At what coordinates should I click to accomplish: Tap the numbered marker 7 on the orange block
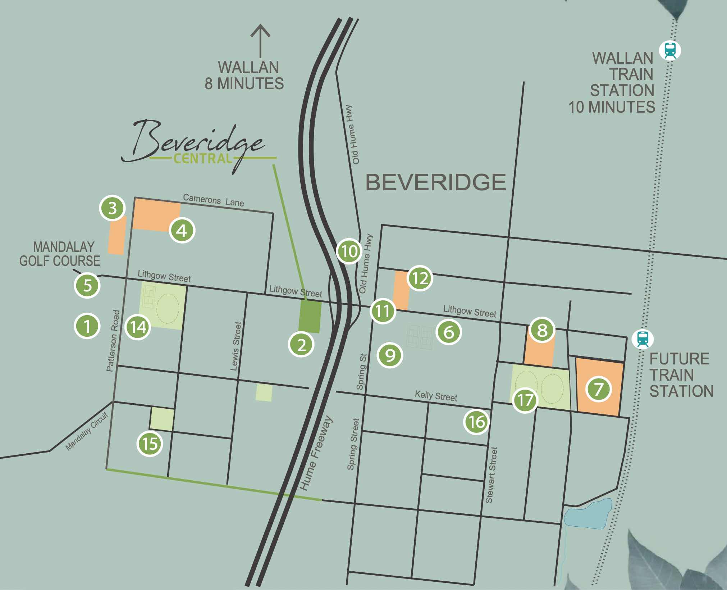pos(599,389)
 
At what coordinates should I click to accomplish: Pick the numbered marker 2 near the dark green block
pos(301,345)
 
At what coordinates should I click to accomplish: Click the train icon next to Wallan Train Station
pos(670,50)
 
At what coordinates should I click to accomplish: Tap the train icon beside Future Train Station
pos(643,339)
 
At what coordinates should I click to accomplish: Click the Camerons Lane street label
pos(213,200)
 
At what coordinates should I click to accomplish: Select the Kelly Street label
pos(436,396)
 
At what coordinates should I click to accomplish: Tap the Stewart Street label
pos(491,475)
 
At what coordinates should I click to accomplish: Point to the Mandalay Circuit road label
pos(87,432)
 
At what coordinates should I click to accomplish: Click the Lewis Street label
pos(236,346)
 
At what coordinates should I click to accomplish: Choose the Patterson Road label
pos(113,340)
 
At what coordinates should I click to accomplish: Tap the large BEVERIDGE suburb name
pos(436,182)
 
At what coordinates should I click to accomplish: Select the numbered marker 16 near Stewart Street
pos(477,422)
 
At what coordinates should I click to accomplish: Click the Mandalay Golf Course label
pos(60,254)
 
